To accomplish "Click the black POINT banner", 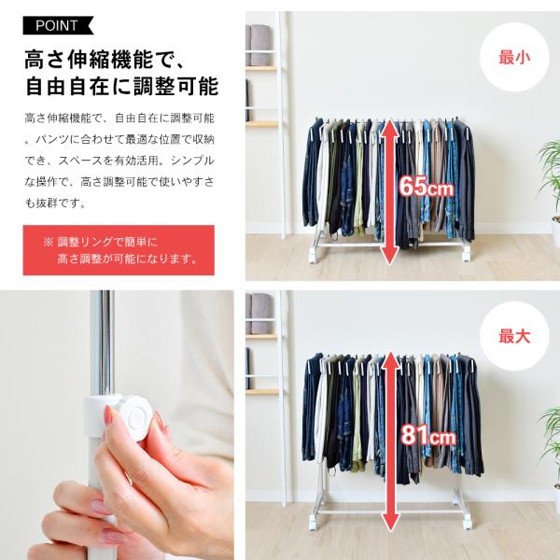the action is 58,25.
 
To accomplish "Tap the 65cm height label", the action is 426,186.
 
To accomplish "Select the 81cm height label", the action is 428,435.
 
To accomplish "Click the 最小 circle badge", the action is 514,58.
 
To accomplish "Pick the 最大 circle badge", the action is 514,336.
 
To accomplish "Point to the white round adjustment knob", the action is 135,415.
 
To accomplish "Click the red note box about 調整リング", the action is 119,250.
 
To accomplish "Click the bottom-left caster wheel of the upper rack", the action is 313,258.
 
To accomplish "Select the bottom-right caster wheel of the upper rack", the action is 466,256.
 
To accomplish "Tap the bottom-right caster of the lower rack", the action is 468,524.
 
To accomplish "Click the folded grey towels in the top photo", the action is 259,45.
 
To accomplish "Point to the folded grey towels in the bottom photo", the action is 259,315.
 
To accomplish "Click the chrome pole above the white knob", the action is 102,343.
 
